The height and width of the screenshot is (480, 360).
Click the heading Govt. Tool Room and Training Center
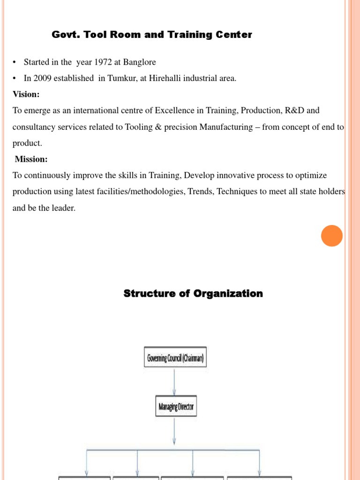(x=151, y=35)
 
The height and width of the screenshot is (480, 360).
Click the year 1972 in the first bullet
(x=104, y=62)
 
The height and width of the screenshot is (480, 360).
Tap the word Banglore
(x=140, y=62)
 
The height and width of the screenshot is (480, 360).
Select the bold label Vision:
(x=26, y=94)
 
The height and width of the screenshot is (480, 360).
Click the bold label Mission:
(x=31, y=159)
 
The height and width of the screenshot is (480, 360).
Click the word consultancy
(x=35, y=127)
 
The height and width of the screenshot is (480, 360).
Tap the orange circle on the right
(x=332, y=235)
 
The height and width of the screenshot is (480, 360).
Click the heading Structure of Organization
(x=193, y=293)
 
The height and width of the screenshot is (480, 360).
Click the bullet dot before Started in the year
(x=15, y=62)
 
